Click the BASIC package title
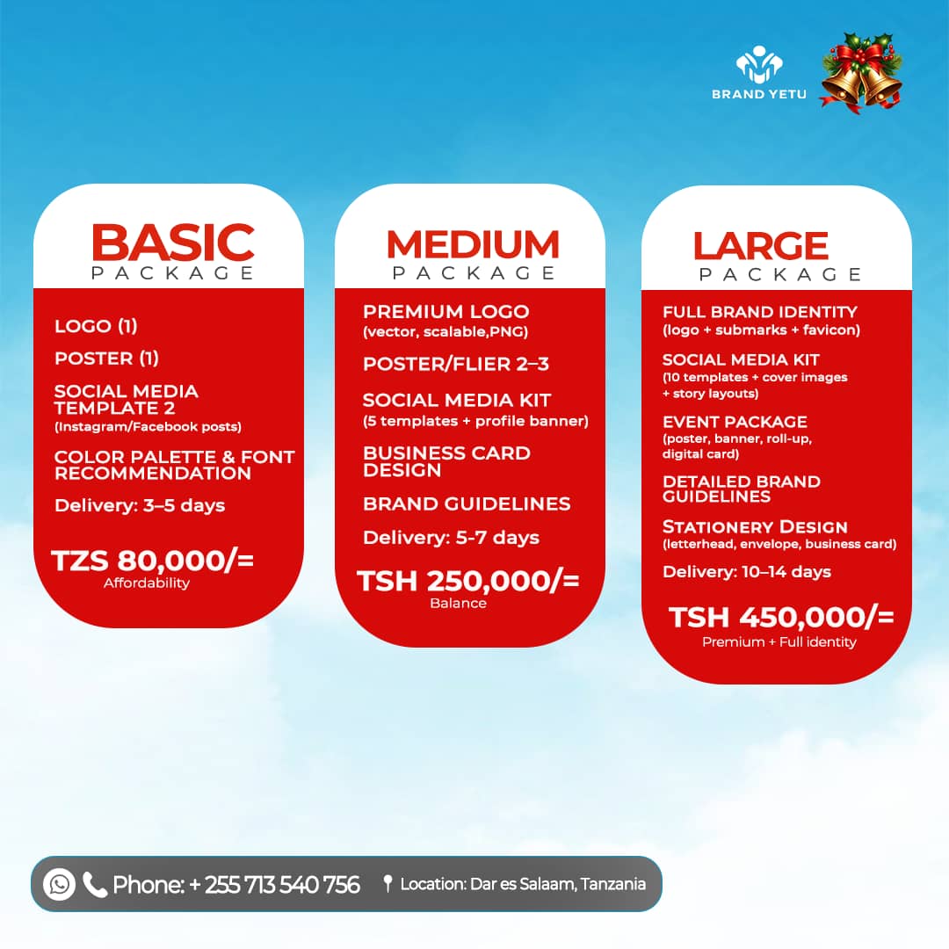[x=172, y=243]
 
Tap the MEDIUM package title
[x=473, y=244]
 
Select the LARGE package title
[x=761, y=246]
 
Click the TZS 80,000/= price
[x=153, y=561]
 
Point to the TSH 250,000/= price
[x=467, y=581]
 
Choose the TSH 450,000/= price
[x=781, y=618]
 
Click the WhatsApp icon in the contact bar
[x=60, y=884]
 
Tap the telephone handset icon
[x=95, y=884]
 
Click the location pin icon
[x=387, y=884]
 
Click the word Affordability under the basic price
[x=147, y=583]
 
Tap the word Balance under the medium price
[x=458, y=603]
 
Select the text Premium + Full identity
[x=779, y=641]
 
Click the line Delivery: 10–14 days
[x=747, y=572]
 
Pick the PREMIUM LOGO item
[x=446, y=312]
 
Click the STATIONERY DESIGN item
[x=755, y=527]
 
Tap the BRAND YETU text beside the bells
[x=759, y=93]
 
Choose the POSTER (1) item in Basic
[x=106, y=359]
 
